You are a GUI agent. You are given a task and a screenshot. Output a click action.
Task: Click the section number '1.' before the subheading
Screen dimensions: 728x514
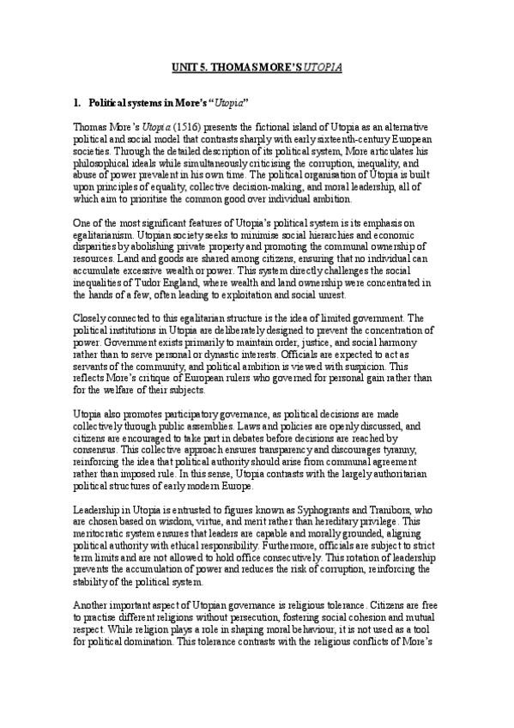(78, 103)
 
